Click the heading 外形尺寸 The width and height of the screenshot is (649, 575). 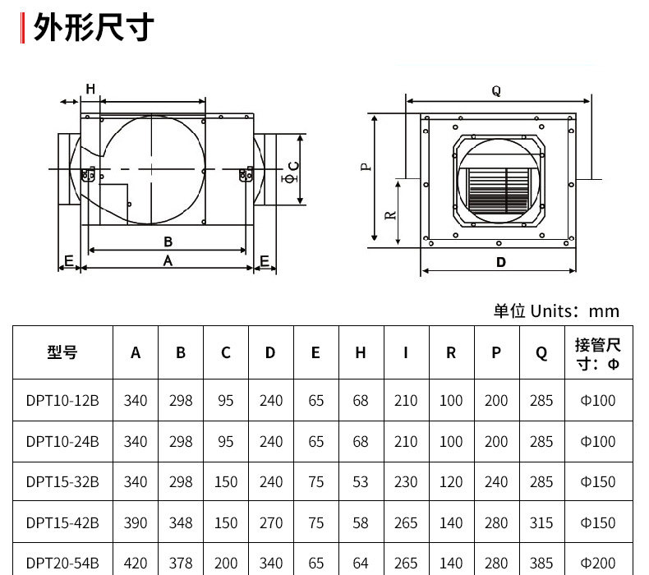(x=93, y=29)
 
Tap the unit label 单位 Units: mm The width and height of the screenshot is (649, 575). (x=555, y=311)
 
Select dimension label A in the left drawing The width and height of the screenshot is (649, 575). (x=168, y=260)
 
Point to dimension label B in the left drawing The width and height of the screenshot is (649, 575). (x=168, y=241)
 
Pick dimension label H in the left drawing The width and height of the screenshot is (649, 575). (x=90, y=89)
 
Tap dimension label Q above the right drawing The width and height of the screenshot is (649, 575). (x=496, y=91)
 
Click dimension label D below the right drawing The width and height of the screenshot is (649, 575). (x=501, y=263)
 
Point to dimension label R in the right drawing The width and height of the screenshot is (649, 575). (x=391, y=214)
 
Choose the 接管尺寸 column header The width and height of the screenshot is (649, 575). (x=597, y=353)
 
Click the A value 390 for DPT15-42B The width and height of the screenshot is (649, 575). (x=136, y=522)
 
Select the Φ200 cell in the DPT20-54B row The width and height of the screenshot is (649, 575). (x=597, y=563)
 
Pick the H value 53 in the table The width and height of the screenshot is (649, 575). (x=361, y=482)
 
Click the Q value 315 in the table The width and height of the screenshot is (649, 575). (x=541, y=522)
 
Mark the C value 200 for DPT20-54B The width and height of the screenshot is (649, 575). (x=226, y=563)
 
